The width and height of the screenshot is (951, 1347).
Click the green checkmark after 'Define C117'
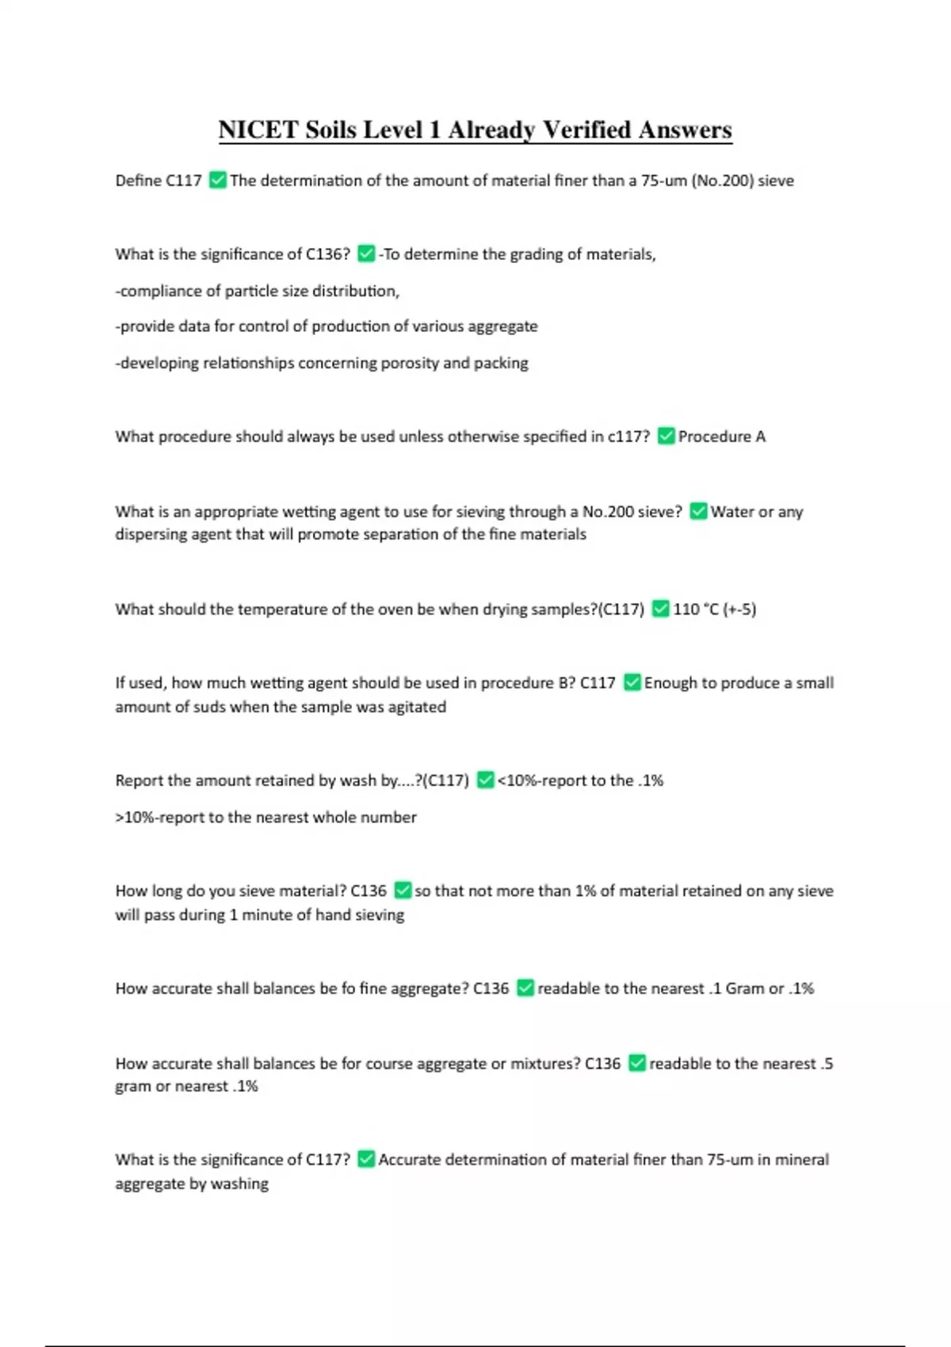pyautogui.click(x=218, y=181)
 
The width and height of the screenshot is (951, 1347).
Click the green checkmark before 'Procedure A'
pyautogui.click(x=666, y=437)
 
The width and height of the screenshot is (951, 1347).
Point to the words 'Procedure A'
pyautogui.click(x=722, y=437)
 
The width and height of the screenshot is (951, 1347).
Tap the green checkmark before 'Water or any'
pyautogui.click(x=698, y=512)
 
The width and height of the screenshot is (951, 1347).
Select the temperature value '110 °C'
pyautogui.click(x=696, y=609)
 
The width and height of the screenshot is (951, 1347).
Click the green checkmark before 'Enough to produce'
pyautogui.click(x=632, y=683)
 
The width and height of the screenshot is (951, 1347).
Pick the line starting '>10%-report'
pyautogui.click(x=265, y=817)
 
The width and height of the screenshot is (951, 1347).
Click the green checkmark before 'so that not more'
pyautogui.click(x=403, y=891)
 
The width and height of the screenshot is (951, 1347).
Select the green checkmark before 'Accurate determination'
pyautogui.click(x=366, y=1160)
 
